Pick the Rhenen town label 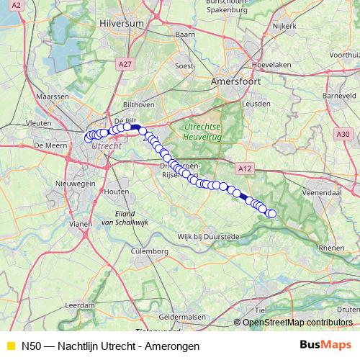point(332,247)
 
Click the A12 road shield point(246,168)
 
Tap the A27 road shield point(125,65)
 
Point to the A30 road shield point(343,133)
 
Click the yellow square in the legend point(10,345)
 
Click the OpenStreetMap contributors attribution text point(297,323)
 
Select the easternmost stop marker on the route point(272,213)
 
